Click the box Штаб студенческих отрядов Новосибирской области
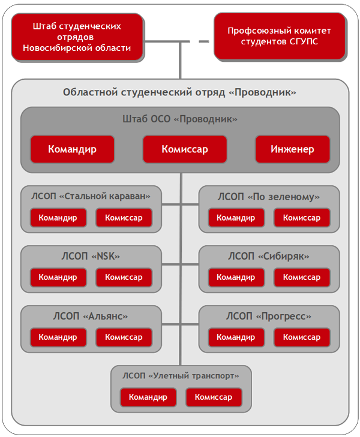pos(77,37)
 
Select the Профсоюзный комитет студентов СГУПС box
pos(280,36)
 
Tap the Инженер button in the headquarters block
pos(293,149)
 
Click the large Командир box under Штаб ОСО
pos(73,149)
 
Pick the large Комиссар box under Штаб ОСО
pos(185,149)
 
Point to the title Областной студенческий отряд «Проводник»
pos(179,92)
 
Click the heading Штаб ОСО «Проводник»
pos(180,119)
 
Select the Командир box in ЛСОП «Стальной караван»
pos(58,218)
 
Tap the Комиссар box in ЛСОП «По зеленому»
pos(302,218)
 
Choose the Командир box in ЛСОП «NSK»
pos(58,278)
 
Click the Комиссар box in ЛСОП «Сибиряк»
pos(302,278)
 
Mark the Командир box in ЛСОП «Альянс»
pos(58,337)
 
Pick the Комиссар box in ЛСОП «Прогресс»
pos(302,337)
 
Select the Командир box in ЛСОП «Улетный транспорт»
pos(148,397)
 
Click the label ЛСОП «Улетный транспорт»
pos(181,376)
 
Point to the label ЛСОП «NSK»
pos(91,256)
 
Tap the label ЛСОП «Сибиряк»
pos(269,256)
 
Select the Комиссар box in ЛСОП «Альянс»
pos(124,337)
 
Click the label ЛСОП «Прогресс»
pos(269,316)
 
